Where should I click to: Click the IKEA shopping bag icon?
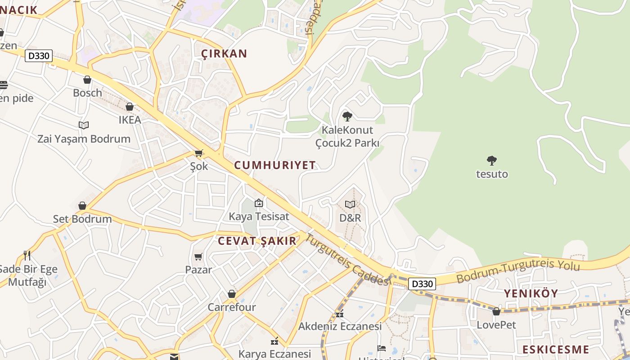[130, 107]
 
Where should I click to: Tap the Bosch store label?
[87, 93]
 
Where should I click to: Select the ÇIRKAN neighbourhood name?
[224, 54]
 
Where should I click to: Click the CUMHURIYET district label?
[275, 165]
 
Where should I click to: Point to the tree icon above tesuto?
[492, 160]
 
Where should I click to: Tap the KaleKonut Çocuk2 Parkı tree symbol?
[347, 117]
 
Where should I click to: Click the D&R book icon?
[350, 204]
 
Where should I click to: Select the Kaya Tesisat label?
[259, 216]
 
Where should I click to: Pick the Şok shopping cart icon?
[199, 153]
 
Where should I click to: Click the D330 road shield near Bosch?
[39, 56]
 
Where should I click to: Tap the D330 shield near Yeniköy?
[422, 284]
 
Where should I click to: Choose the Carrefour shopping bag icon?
[232, 294]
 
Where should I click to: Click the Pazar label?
[198, 270]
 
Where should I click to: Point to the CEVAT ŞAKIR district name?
[257, 241]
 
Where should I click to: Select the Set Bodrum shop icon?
[82, 206]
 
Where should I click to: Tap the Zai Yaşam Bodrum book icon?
[84, 125]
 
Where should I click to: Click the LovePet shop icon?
[496, 311]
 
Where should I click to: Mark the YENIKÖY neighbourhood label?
[531, 293]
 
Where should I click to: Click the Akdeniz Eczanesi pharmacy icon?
[340, 314]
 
